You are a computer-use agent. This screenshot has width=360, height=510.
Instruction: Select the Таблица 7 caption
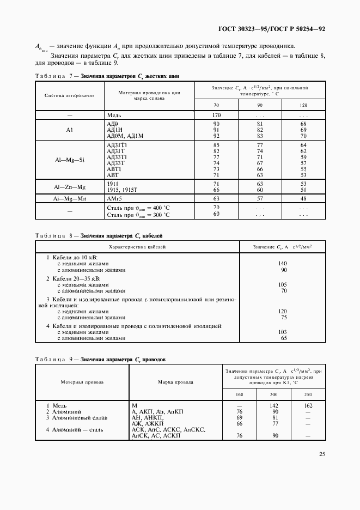tap(107, 76)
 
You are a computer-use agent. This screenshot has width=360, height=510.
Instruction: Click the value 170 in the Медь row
tap(216, 116)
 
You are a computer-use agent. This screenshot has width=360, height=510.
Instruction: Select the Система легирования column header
tap(70, 95)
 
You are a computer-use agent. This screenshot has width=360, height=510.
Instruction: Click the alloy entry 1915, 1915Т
tap(124, 189)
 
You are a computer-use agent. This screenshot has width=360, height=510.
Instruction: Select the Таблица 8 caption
tap(99, 236)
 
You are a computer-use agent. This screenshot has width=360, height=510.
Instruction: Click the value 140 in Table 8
tap(282, 263)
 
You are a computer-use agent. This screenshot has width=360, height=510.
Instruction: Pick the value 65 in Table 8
tap(283, 338)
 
